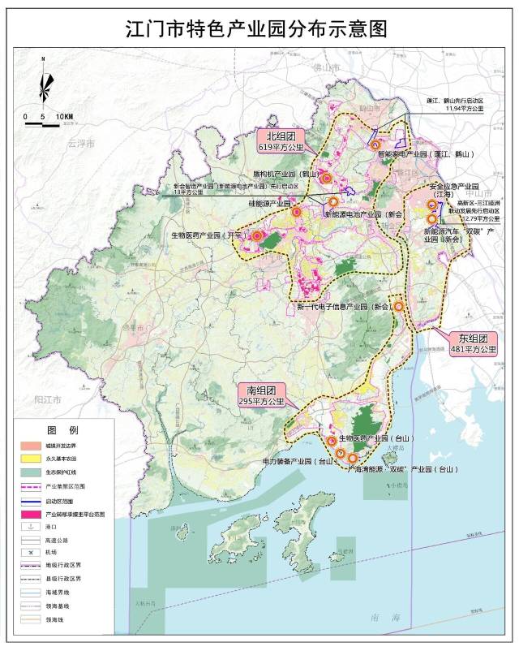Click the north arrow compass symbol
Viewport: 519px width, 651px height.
click(x=46, y=85)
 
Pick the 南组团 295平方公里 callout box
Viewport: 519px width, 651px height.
click(x=261, y=395)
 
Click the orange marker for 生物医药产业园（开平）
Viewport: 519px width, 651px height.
click(x=258, y=236)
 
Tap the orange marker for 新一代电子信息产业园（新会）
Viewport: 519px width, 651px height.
click(x=399, y=306)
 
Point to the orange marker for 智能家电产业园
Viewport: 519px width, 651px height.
click(x=375, y=145)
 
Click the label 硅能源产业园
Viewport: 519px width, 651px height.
click(x=268, y=203)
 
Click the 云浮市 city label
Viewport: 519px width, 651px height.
click(x=81, y=144)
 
